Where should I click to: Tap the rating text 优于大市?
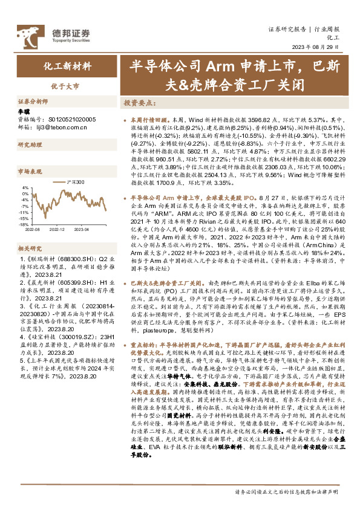pos(67,85)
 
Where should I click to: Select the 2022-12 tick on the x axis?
pos(57,230)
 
